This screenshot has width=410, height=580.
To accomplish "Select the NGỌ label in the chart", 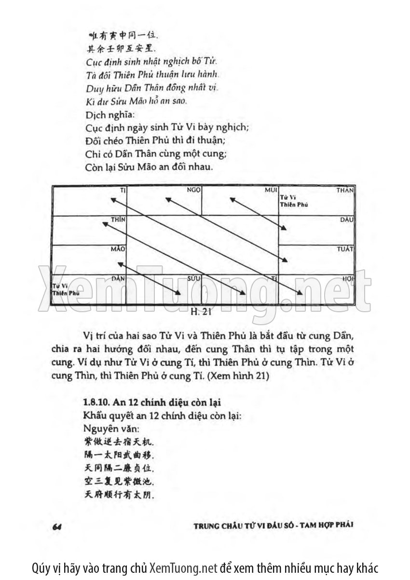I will coord(193,191).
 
